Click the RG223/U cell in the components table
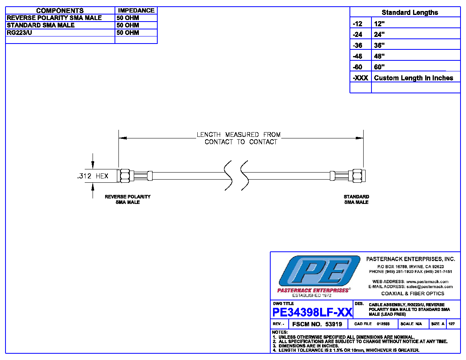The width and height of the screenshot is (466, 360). (x=19, y=33)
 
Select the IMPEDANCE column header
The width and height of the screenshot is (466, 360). (x=136, y=11)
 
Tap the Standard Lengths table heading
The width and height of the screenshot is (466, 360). (x=410, y=13)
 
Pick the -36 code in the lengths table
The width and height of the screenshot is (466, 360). (x=357, y=45)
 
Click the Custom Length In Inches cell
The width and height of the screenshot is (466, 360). (x=413, y=78)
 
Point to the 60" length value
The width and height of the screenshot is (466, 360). (x=379, y=67)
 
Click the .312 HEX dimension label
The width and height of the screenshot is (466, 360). (x=93, y=176)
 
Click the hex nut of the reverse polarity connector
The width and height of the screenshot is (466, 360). (x=125, y=176)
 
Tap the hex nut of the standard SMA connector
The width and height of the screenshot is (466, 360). (x=357, y=176)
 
